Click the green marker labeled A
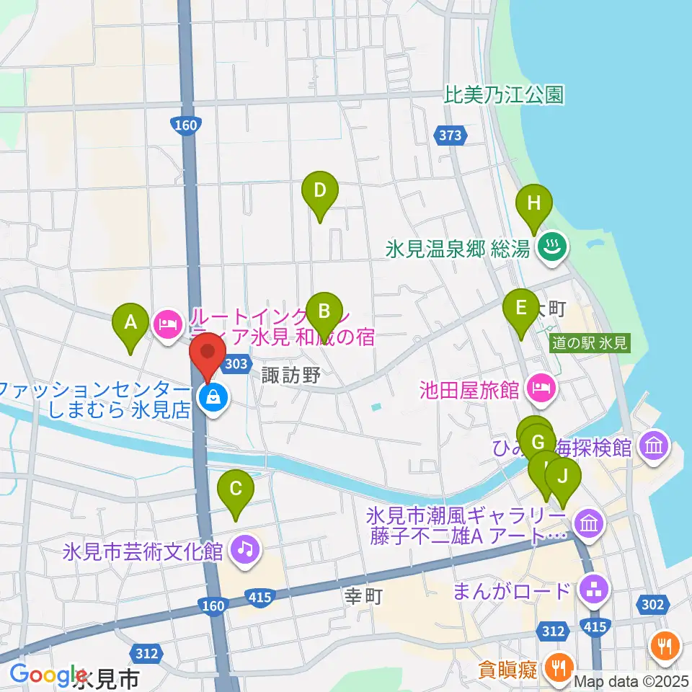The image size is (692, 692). tap(130, 322)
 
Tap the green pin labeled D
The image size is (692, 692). tap(320, 191)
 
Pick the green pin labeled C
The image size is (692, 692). tap(236, 489)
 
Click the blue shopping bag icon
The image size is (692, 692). tap(213, 395)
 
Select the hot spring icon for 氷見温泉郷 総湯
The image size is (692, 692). tap(554, 249)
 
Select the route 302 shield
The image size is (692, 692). tap(652, 604)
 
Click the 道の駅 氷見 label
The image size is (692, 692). tap(589, 343)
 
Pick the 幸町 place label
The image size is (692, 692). tap(362, 595)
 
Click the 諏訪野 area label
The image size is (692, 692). tap(290, 374)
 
